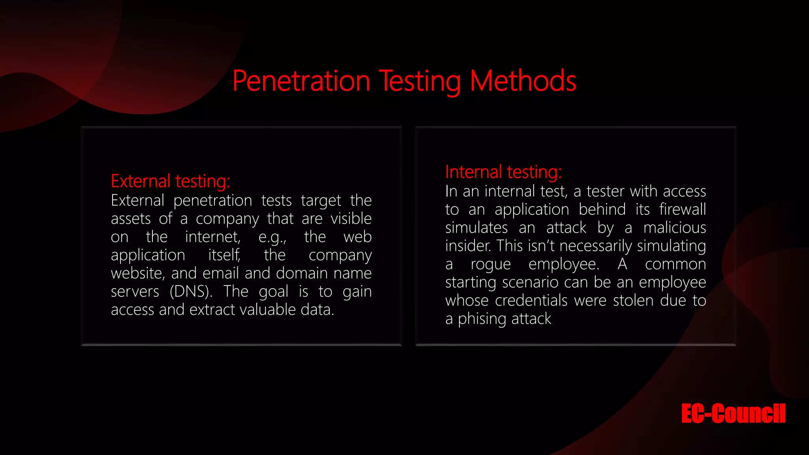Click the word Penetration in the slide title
(x=301, y=81)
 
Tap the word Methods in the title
(x=523, y=81)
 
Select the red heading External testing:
(x=170, y=181)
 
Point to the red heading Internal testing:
(x=503, y=172)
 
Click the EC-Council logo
(x=733, y=414)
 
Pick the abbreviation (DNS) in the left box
(x=191, y=291)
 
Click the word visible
(x=351, y=219)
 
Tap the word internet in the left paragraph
(x=212, y=237)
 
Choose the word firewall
(x=682, y=209)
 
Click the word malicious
(x=674, y=228)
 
